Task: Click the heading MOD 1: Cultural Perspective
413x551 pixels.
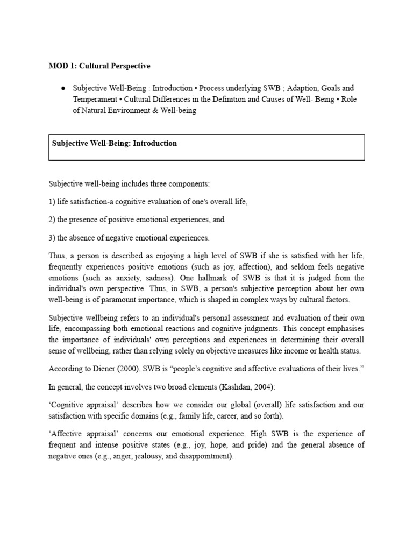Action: pos(99,66)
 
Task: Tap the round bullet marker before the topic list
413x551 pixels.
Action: pos(63,88)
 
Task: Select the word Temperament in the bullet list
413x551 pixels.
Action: pos(95,100)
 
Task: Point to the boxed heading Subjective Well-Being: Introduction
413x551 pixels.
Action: pos(114,144)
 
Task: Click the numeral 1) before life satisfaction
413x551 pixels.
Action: pos(52,202)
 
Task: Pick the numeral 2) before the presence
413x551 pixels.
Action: pos(52,220)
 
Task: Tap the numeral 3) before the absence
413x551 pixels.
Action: pos(52,238)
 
